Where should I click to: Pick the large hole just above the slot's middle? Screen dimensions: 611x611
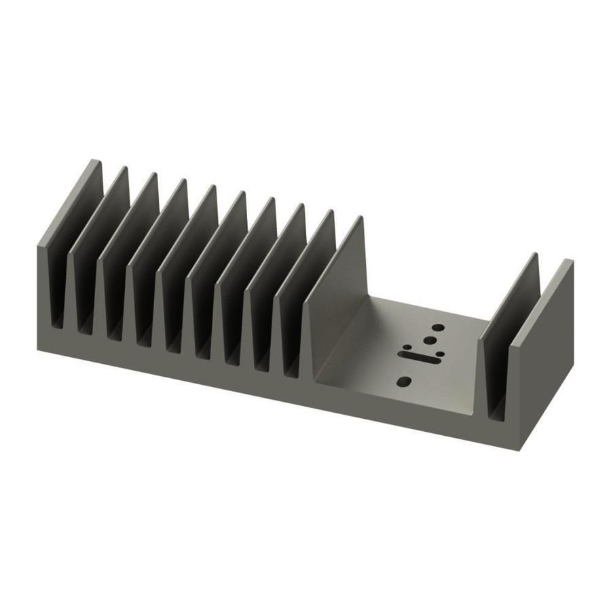coord(429,341)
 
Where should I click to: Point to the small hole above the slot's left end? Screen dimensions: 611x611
coord(407,346)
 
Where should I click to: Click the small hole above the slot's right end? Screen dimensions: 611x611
coord(441,353)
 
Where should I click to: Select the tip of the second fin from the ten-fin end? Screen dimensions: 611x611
coord(124,169)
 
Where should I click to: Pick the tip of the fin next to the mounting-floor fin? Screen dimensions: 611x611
coord(331,212)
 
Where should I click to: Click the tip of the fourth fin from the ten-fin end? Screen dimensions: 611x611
coord(183,182)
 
